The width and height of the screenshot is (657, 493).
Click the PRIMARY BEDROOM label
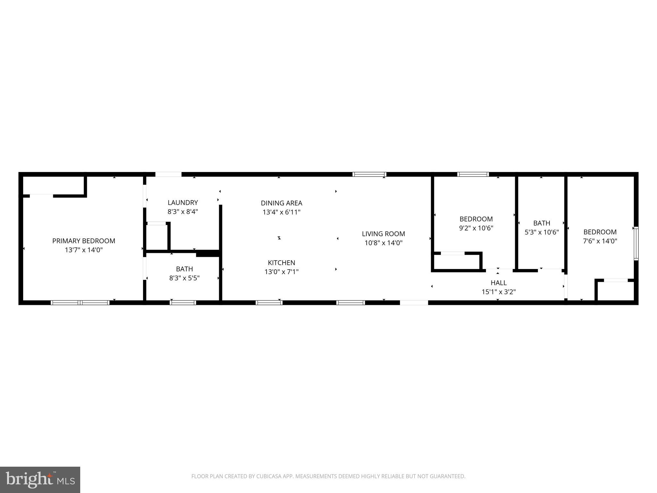(x=83, y=241)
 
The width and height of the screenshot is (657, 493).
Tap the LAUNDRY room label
(x=183, y=203)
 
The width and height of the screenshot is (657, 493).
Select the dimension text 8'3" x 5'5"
(x=184, y=278)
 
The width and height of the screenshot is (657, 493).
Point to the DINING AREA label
(x=281, y=203)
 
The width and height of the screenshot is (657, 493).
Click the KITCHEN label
(x=281, y=263)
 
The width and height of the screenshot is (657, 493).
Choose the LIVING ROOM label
(x=383, y=234)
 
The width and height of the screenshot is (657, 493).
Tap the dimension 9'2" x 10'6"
(x=476, y=228)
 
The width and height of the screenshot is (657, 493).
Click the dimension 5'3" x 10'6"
(x=542, y=232)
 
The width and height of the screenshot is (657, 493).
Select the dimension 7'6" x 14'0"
(x=600, y=241)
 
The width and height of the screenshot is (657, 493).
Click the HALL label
(x=499, y=283)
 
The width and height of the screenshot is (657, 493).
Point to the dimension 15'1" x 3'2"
(x=499, y=292)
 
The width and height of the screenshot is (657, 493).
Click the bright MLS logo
(x=40, y=480)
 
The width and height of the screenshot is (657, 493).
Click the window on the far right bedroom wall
(x=636, y=243)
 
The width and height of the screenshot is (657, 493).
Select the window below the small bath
(x=183, y=302)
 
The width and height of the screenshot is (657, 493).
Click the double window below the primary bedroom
(x=80, y=302)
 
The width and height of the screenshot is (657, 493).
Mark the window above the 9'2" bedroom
(x=473, y=174)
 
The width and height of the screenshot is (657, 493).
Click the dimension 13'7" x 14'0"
(x=83, y=250)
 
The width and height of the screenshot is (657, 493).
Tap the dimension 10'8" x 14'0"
(x=383, y=243)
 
